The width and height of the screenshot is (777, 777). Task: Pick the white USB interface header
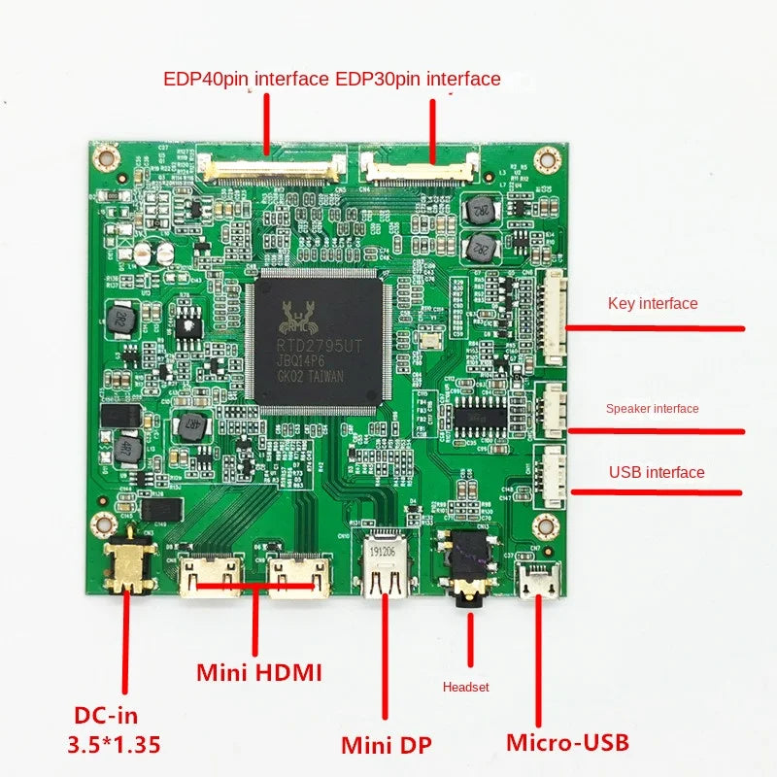553,477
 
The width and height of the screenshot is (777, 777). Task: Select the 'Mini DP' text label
387,745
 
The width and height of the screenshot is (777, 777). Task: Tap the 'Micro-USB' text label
567,743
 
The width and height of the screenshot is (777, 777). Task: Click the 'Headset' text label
466,687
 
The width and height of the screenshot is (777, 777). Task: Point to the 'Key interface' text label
653,303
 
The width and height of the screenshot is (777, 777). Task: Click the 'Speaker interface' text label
652,408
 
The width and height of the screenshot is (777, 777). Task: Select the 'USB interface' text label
657,472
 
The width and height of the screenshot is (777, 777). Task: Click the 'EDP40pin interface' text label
246,79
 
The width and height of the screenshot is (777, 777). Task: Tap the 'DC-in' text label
106,716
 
